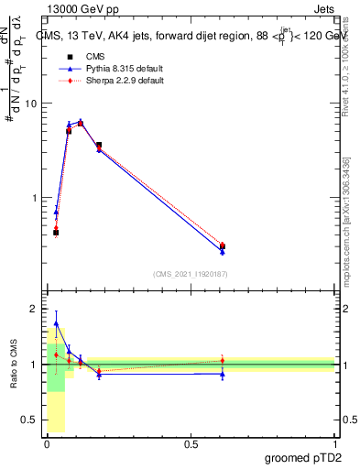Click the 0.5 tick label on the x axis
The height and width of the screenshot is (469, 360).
[x=191, y=444]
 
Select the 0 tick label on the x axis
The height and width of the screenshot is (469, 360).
[x=46, y=444]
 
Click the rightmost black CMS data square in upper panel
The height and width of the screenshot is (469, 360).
[x=223, y=245]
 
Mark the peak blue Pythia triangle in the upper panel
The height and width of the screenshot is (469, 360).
[x=81, y=121]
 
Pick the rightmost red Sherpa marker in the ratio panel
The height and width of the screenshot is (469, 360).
[x=223, y=360]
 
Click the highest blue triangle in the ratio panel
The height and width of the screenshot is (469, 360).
[x=56, y=323]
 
